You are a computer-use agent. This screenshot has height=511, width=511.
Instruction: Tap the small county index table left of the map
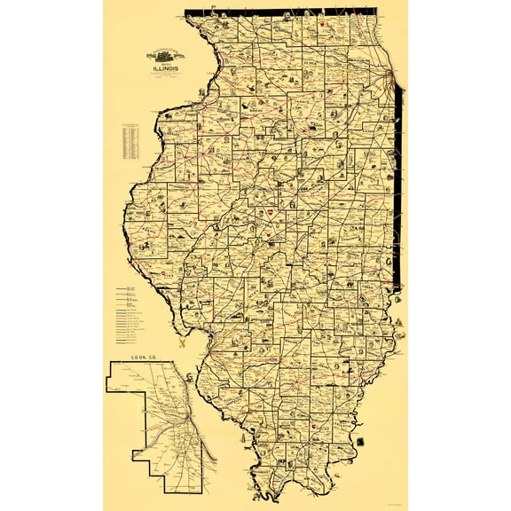tap(132, 139)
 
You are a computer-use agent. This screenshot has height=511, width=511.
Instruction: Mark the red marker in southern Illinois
tap(315, 428)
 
